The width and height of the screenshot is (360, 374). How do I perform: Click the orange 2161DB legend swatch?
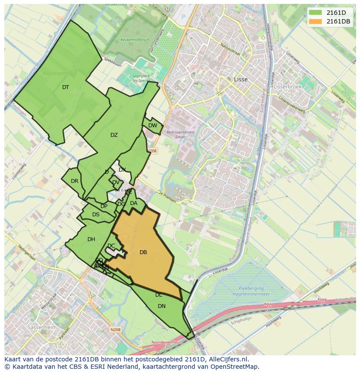(316, 21)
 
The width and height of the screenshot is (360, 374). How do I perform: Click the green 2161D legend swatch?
(316, 13)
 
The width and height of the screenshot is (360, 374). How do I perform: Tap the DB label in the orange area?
(143, 252)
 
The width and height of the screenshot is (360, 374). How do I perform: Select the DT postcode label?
(66, 87)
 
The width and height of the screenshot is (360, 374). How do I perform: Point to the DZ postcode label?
(114, 135)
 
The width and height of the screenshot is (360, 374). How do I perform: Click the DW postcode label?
(153, 126)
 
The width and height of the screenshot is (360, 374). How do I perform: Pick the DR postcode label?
(74, 181)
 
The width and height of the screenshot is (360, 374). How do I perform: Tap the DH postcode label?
(91, 239)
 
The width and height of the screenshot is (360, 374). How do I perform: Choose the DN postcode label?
(162, 306)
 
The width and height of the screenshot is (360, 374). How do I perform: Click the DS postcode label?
(96, 215)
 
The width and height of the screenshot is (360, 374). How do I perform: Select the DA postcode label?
(133, 203)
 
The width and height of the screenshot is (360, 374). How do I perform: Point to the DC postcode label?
(111, 246)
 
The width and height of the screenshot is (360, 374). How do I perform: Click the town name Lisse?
(240, 79)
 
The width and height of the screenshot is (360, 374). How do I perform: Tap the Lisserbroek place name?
(287, 86)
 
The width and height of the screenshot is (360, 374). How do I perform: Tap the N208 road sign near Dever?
(152, 151)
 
